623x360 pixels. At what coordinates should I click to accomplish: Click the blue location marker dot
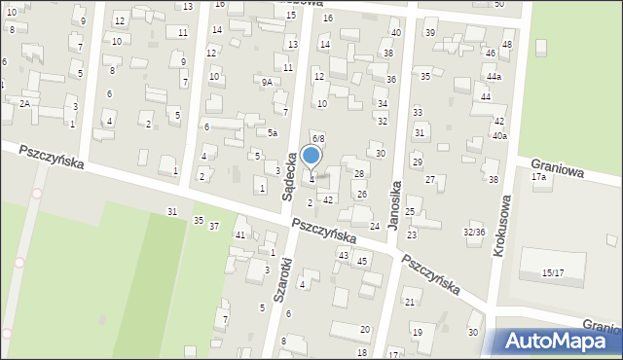click(x=311, y=155)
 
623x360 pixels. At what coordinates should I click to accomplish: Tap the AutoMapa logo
click(x=560, y=340)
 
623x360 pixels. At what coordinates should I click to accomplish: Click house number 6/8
click(x=317, y=139)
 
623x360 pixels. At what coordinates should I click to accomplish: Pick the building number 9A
click(x=267, y=83)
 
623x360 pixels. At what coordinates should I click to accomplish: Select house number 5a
click(x=274, y=133)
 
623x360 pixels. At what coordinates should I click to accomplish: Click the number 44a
click(x=495, y=77)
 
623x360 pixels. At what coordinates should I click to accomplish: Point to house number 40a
click(x=499, y=136)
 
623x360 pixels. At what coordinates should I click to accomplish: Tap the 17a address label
click(x=538, y=177)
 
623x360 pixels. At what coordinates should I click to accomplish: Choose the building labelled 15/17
click(x=552, y=272)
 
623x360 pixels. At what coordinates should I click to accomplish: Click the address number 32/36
click(x=474, y=232)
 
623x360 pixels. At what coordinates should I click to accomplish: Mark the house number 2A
click(x=25, y=103)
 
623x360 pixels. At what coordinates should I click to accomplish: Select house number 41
click(x=239, y=235)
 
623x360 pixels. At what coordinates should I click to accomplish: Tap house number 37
click(x=214, y=226)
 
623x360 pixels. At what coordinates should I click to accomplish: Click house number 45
click(x=361, y=261)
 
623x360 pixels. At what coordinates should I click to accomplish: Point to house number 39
click(x=430, y=33)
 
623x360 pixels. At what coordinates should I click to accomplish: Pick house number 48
click(x=507, y=46)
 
